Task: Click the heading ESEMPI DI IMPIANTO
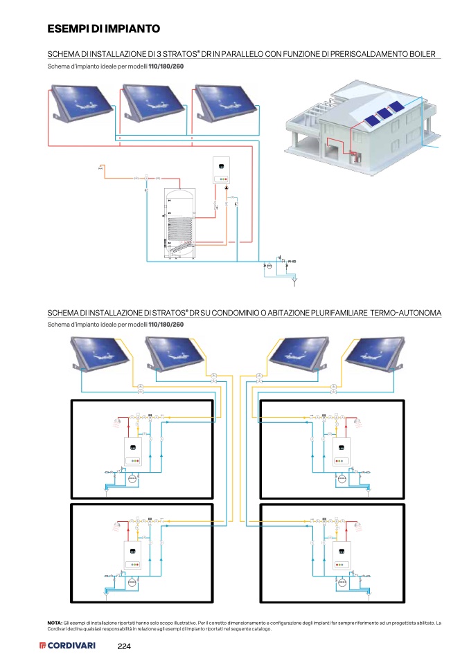click(x=104, y=29)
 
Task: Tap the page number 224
click(x=124, y=646)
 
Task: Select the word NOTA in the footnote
click(x=55, y=623)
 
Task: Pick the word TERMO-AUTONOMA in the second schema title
click(x=406, y=314)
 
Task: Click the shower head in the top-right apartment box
click(x=358, y=420)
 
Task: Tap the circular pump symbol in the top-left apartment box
click(x=133, y=478)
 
